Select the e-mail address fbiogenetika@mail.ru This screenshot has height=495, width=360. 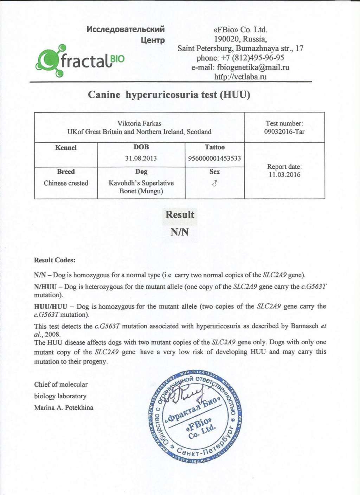click(x=253, y=67)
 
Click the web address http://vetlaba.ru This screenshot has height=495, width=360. click(x=240, y=77)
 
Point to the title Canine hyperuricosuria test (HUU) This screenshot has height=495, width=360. click(x=169, y=95)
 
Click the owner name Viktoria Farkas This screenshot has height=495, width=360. click(x=139, y=123)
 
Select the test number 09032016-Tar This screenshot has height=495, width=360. click(x=284, y=132)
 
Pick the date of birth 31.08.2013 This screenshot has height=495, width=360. click(x=141, y=158)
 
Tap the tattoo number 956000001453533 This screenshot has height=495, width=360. click(x=214, y=158)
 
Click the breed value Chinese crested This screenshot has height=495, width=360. click(x=66, y=183)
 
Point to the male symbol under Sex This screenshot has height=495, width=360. click(x=214, y=183)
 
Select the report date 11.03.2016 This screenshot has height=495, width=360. click(x=284, y=175)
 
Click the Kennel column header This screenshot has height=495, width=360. click(x=66, y=148)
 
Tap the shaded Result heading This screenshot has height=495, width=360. click(x=180, y=215)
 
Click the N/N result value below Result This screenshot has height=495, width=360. click(x=180, y=232)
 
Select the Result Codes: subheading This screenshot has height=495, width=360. click(x=54, y=260)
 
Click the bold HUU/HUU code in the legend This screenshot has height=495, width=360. click(x=50, y=307)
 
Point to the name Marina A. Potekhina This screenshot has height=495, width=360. click(x=64, y=408)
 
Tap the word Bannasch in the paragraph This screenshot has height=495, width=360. click(x=304, y=326)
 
